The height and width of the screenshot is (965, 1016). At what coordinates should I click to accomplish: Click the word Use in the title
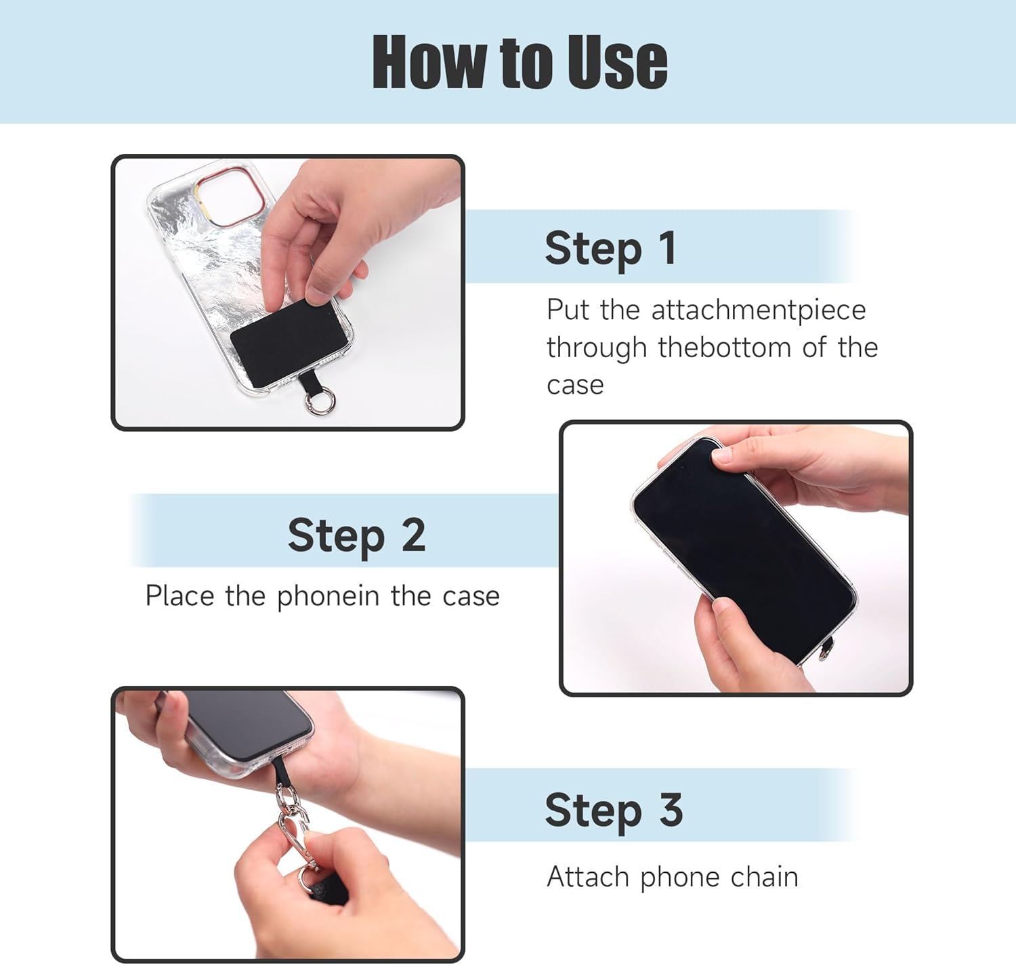tap(617, 62)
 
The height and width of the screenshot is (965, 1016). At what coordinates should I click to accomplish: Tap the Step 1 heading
tap(610, 249)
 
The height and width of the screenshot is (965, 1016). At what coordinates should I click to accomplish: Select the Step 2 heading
tap(356, 535)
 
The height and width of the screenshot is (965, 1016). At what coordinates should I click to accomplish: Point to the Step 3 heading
tap(614, 810)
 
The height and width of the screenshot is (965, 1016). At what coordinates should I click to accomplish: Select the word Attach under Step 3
tap(588, 877)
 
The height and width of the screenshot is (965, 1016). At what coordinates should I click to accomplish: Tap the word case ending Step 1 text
tap(575, 385)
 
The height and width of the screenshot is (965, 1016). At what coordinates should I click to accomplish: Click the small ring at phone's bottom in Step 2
tap(823, 654)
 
